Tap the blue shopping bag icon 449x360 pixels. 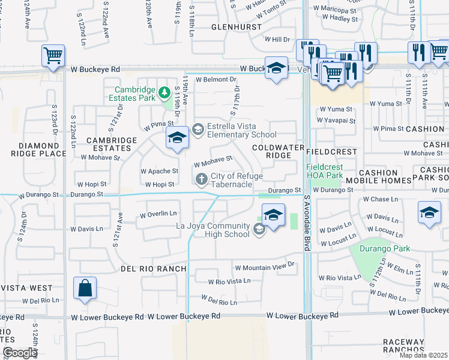85,287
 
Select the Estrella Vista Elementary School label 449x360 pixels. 241,131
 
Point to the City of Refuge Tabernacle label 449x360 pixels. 231,180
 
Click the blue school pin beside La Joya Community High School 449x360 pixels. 273,215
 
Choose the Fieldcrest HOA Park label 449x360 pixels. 324,170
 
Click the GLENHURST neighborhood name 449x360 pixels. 236,28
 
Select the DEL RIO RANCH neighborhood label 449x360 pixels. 153,269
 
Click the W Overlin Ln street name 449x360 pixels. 158,214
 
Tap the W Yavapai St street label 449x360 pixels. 337,120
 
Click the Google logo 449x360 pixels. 20,353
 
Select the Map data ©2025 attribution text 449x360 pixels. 423,355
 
